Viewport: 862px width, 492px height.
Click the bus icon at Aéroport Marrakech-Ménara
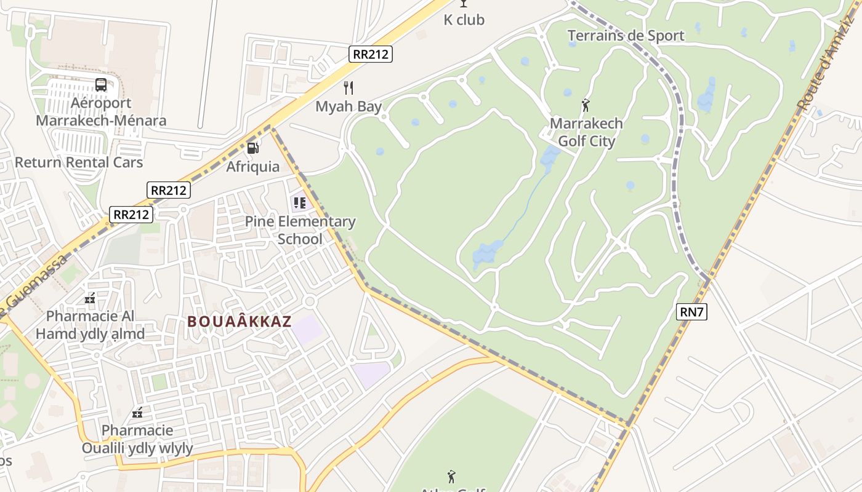[101, 85]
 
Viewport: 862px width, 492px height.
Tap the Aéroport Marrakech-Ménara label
[101, 111]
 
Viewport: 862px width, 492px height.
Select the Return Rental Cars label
[79, 162]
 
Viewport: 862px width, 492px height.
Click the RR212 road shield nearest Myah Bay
[371, 54]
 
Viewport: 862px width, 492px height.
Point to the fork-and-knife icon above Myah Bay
[348, 87]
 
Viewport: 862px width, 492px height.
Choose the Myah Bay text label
[348, 106]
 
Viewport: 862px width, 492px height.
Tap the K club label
[464, 20]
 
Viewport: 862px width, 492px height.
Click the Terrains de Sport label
[626, 36]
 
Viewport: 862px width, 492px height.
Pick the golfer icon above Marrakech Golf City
[586, 105]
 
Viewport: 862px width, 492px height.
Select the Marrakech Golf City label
[586, 132]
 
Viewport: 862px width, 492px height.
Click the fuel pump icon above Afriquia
[252, 148]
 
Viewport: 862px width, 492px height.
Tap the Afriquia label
[252, 167]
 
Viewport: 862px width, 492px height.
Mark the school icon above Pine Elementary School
[300, 202]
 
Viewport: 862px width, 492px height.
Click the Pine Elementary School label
[300, 230]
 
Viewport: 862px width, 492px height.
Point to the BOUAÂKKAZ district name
[239, 321]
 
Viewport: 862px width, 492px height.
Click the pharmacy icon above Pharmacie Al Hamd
[90, 299]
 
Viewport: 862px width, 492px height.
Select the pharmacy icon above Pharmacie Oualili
[138, 413]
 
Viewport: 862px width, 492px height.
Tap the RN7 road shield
[691, 312]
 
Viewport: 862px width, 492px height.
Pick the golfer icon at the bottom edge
[451, 477]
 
